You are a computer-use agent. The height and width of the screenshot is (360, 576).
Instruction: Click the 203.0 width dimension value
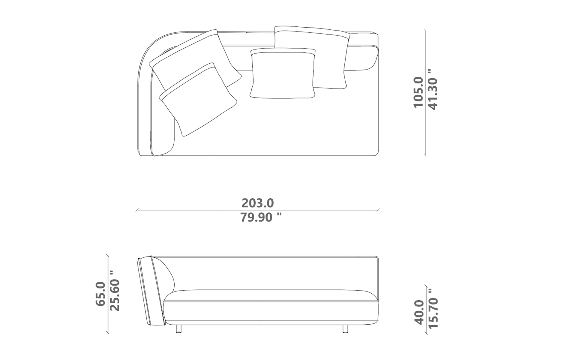[x=258, y=203]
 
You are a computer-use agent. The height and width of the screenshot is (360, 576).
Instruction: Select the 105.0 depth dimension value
[x=418, y=92]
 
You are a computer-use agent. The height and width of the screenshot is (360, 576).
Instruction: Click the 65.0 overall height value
[x=100, y=294]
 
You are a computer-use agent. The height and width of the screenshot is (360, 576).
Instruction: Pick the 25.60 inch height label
[x=115, y=291]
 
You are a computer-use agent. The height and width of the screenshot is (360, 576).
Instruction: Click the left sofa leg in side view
[x=178, y=329]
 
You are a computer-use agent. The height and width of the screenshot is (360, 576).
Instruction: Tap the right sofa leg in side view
[x=345, y=329]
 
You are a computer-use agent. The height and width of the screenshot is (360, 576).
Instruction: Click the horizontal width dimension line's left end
[x=137, y=210]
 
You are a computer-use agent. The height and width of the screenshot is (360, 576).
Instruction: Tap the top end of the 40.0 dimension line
[x=426, y=285]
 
